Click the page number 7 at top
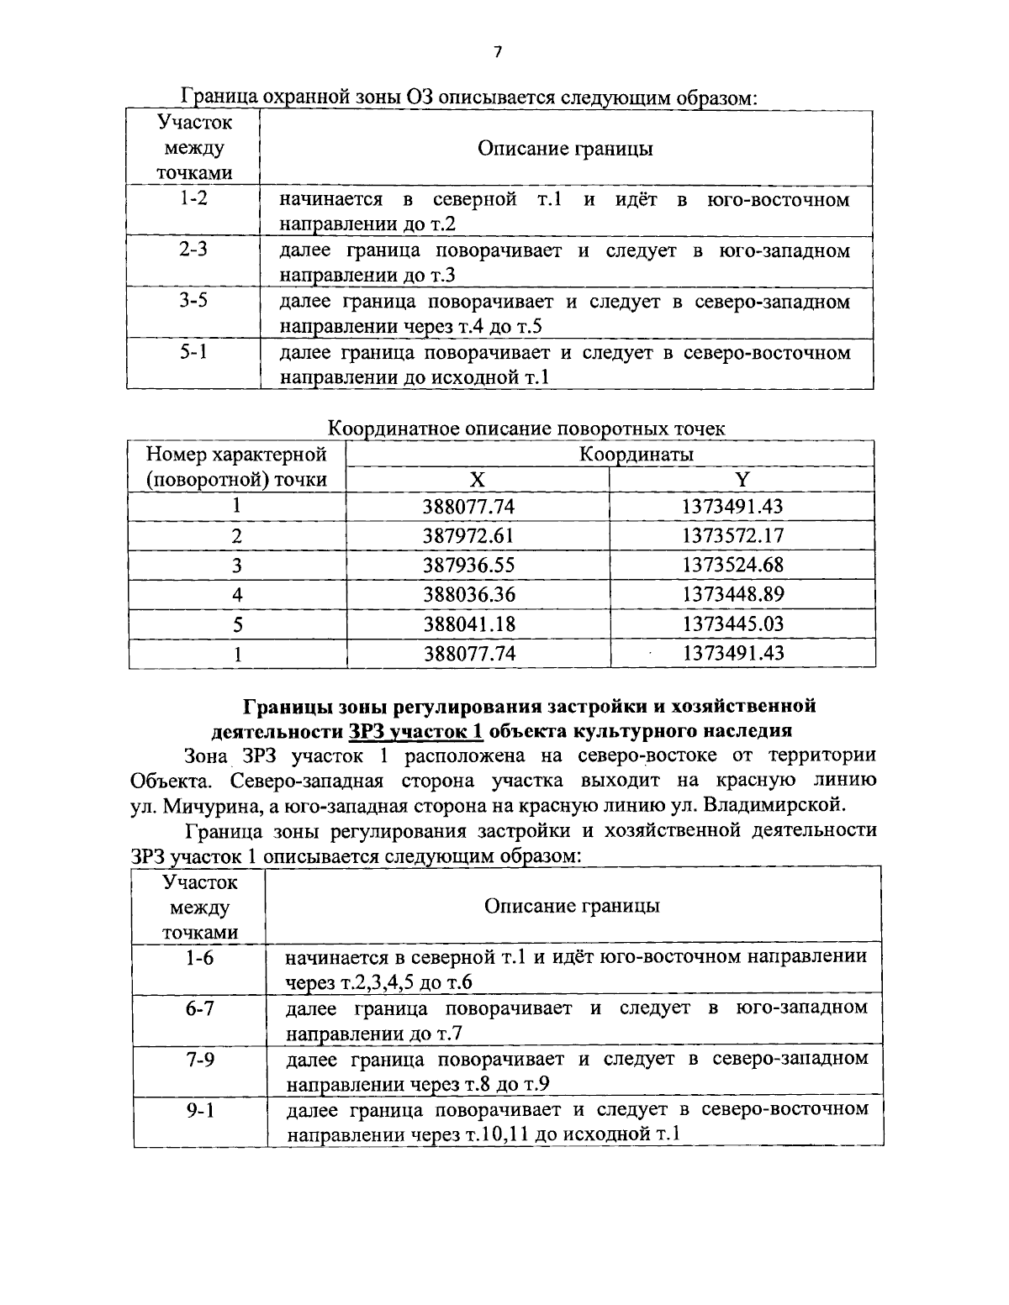(497, 52)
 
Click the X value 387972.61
(468, 535)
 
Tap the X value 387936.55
(468, 565)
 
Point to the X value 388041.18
(468, 624)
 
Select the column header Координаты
(637, 455)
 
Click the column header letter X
(477, 480)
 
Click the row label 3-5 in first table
(193, 301)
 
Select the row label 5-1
(193, 352)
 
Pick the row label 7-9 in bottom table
(199, 1059)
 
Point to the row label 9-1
(199, 1110)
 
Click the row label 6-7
(199, 1008)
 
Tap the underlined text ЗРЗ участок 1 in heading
(415, 730)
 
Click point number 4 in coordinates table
(237, 594)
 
